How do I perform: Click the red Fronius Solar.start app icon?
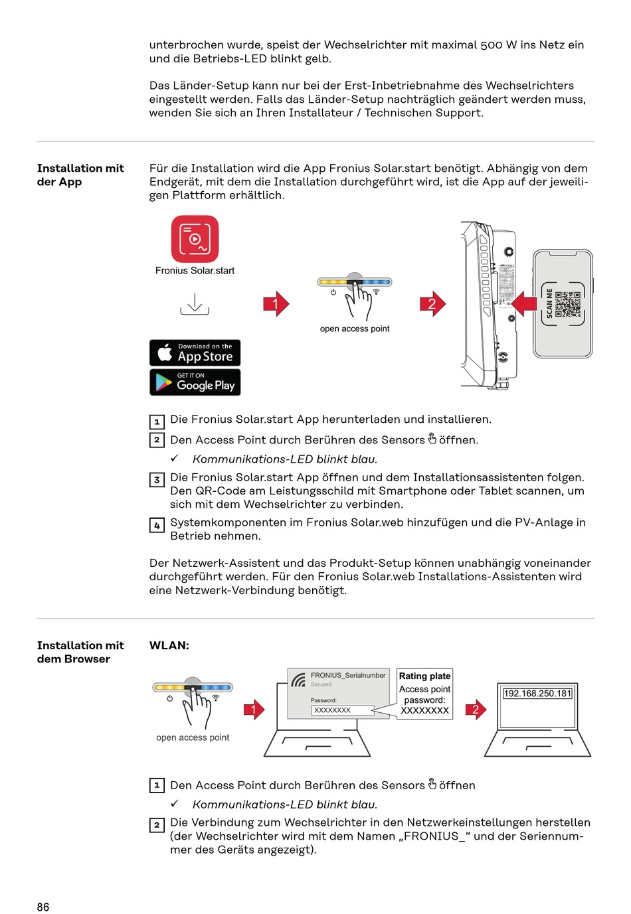(195, 239)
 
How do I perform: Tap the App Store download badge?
(195, 353)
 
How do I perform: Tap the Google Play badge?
(195, 382)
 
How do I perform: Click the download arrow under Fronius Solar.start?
(195, 305)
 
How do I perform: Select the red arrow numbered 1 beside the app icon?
(276, 304)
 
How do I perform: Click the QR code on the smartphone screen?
(568, 304)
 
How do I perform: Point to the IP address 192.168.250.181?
(537, 694)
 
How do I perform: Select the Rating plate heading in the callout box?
(424, 676)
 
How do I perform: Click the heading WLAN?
(169, 645)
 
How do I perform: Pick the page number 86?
(43, 907)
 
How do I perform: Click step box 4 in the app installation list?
(157, 526)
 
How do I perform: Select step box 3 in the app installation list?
(157, 480)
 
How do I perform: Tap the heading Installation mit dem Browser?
(80, 652)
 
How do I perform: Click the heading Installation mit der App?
(80, 175)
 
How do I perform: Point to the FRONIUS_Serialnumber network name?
(347, 675)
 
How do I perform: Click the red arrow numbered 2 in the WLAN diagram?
(476, 710)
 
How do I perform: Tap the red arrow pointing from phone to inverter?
(524, 303)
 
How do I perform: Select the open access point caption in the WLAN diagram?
(193, 737)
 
